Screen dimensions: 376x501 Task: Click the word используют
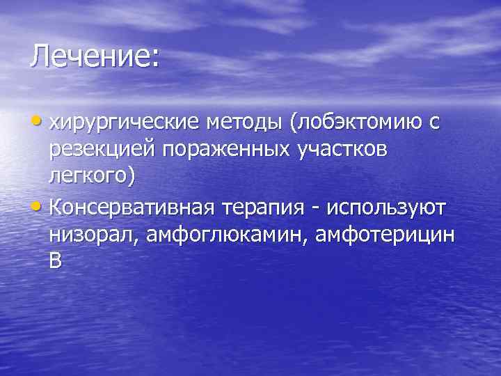coord(392,207)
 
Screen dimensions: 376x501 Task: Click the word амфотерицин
coord(387,235)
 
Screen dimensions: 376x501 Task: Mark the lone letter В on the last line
coord(55,262)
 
